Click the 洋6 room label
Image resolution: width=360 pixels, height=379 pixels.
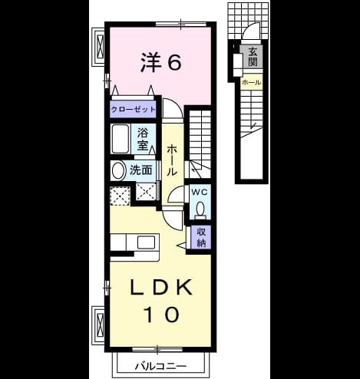[161, 62]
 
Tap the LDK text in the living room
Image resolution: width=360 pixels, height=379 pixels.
[161, 287]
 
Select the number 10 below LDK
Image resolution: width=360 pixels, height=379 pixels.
[161, 315]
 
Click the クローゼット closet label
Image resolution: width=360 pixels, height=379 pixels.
[133, 110]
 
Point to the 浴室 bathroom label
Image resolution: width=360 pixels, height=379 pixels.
[143, 139]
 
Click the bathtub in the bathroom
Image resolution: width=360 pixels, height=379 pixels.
[120, 139]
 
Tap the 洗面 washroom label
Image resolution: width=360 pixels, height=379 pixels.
[140, 170]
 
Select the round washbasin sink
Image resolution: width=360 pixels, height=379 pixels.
[118, 170]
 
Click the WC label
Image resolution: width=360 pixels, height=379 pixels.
[200, 193]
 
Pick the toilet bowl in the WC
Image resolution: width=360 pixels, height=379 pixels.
[200, 209]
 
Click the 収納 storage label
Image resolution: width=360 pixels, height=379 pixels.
[202, 237]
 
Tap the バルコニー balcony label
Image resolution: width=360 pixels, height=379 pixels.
[160, 367]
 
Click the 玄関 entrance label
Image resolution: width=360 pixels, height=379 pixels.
[252, 58]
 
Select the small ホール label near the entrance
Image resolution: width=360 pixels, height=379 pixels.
[252, 82]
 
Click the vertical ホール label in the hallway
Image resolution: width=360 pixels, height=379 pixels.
[172, 160]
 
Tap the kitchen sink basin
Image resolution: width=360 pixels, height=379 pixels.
[146, 242]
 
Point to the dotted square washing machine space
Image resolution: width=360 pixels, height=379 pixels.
[120, 196]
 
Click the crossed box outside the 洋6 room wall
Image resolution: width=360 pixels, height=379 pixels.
[101, 46]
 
